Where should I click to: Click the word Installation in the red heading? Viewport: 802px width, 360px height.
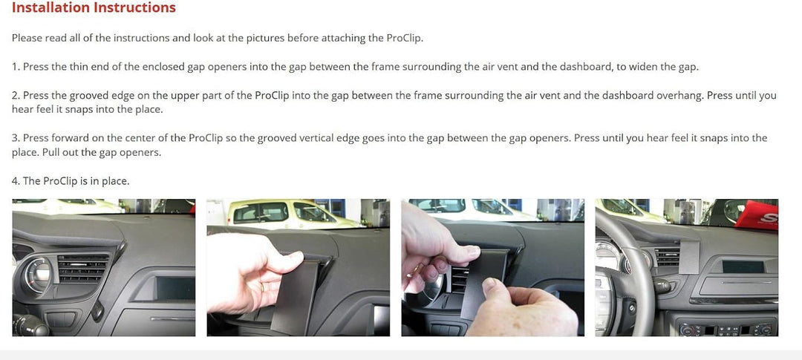pyautogui.click(x=50, y=7)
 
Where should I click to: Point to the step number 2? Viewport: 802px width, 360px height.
pyautogui.click(x=16, y=96)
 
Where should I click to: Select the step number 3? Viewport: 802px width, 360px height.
pyautogui.click(x=16, y=138)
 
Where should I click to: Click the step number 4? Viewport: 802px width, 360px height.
pyautogui.click(x=16, y=181)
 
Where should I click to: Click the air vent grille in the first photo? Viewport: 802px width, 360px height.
pyautogui.click(x=83, y=267)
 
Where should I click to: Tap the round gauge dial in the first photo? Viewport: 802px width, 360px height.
pyautogui.click(x=37, y=275)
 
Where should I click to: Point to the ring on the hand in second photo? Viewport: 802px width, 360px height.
pyautogui.click(x=263, y=288)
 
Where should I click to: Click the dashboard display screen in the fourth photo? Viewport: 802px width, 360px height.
pyautogui.click(x=743, y=267)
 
